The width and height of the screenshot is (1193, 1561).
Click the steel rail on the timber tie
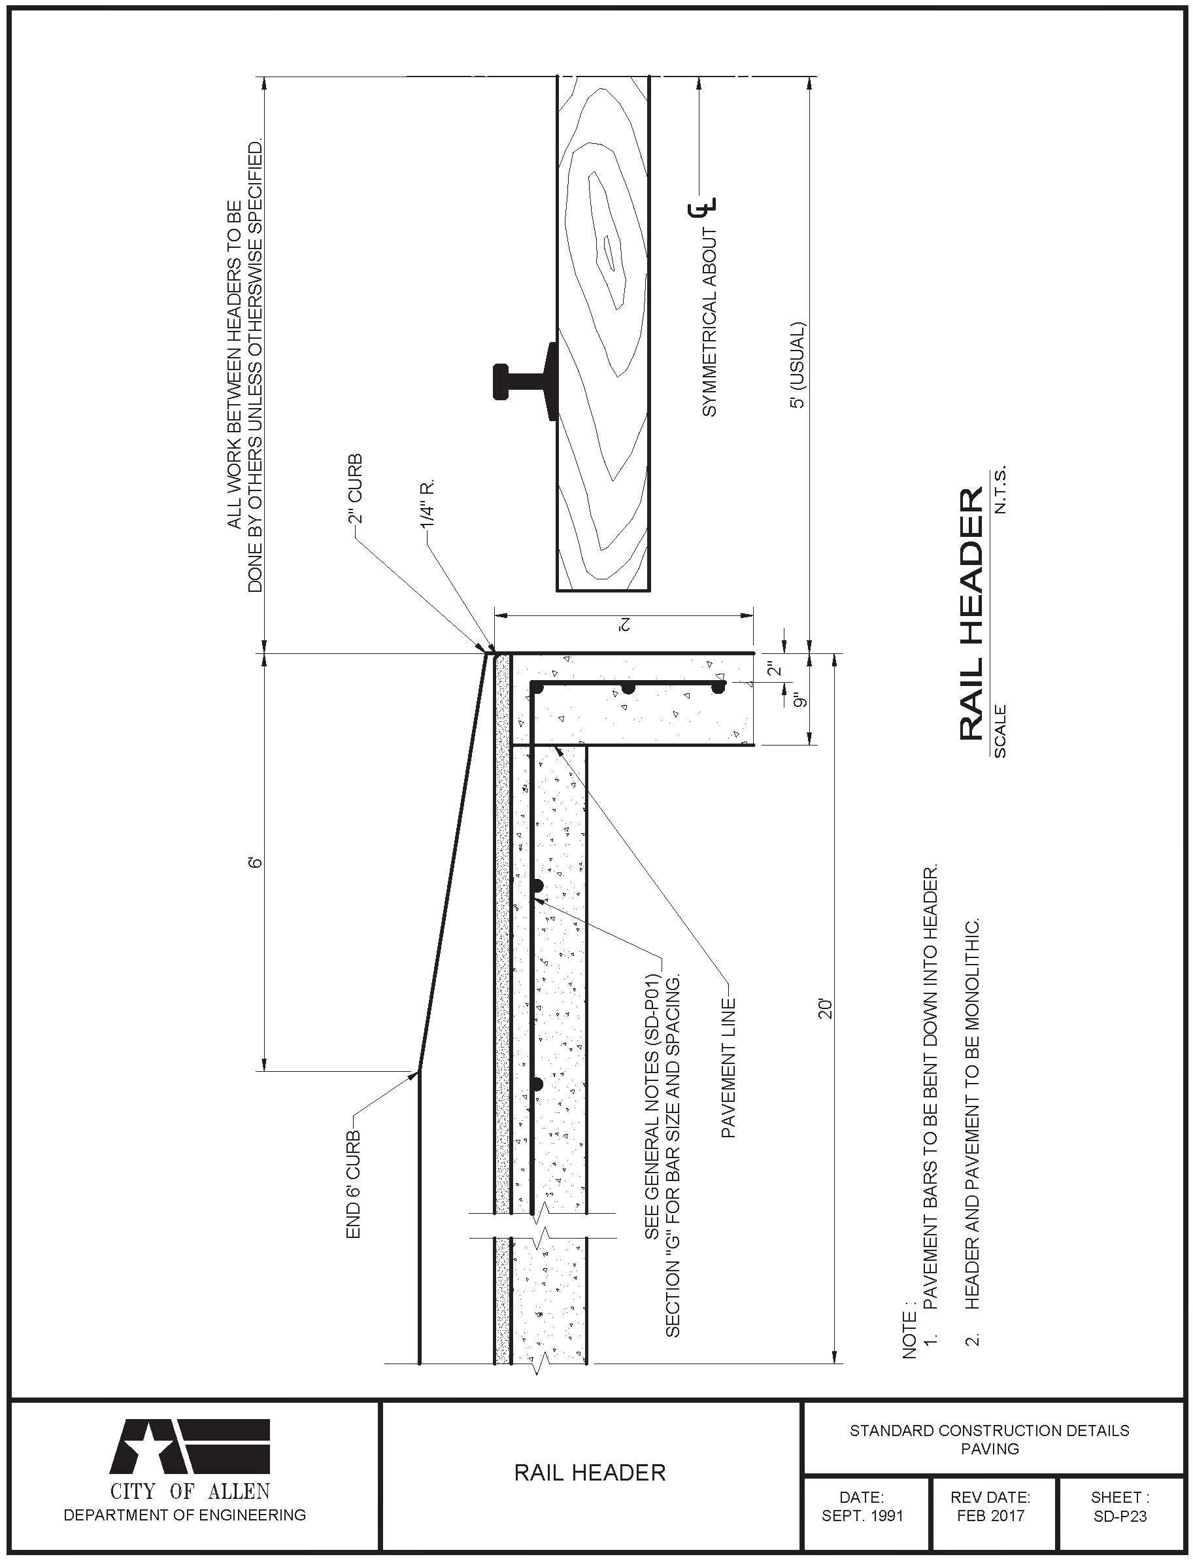tap(526, 381)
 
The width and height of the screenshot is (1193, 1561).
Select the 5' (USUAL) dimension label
tap(798, 365)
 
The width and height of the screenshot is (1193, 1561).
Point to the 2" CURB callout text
tap(354, 489)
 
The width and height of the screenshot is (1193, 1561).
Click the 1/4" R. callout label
tap(427, 506)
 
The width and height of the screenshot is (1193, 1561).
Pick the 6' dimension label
tap(256, 862)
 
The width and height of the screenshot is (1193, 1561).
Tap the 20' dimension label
tap(824, 1008)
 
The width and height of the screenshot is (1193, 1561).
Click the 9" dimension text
tap(801, 700)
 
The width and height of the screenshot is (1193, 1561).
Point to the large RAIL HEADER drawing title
tap(971, 613)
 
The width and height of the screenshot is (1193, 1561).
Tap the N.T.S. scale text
tap(1001, 490)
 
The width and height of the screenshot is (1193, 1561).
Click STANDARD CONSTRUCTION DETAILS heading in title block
tap(989, 1430)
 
